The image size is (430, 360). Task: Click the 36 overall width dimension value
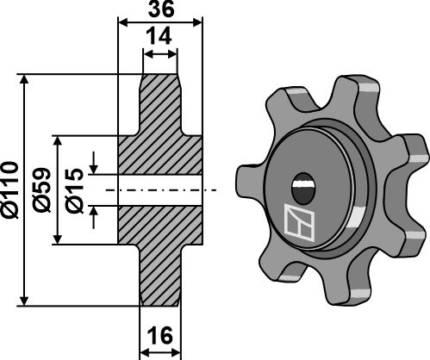point(159,10)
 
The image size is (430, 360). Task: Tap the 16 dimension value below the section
point(159,335)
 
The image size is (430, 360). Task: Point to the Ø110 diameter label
point(10,189)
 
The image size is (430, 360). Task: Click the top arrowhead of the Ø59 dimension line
point(59,140)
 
